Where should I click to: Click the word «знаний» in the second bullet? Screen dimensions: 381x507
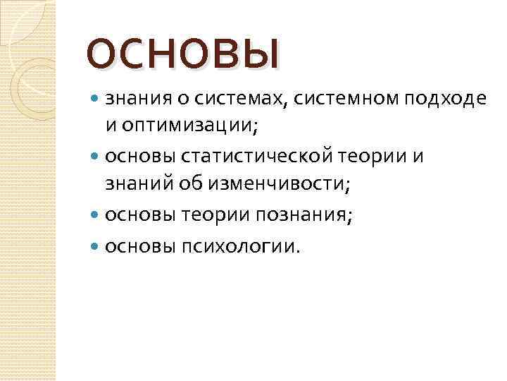(x=134, y=185)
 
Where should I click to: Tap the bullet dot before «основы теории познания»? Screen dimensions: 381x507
(x=96, y=215)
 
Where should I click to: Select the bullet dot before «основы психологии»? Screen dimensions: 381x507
(x=96, y=247)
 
